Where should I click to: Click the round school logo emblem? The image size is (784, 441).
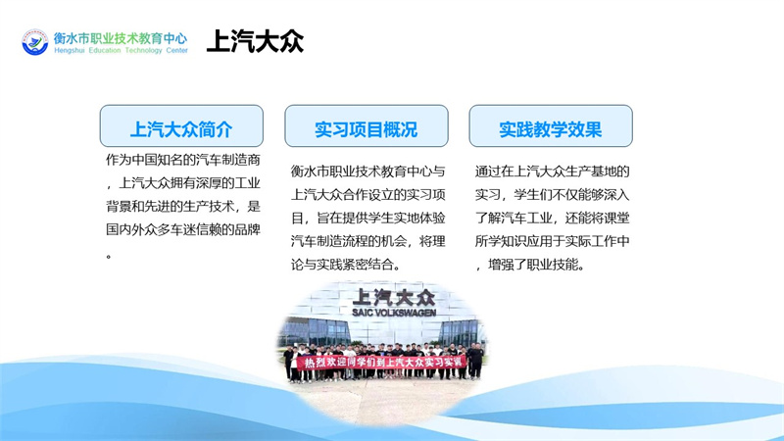[x=35, y=42]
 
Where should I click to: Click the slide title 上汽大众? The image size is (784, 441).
[x=255, y=41]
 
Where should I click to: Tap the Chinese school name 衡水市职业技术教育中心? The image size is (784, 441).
[x=121, y=38]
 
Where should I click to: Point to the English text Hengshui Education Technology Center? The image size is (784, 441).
[x=121, y=51]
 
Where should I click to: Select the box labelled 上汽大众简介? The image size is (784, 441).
[x=181, y=126]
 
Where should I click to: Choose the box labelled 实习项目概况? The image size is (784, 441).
[x=367, y=126]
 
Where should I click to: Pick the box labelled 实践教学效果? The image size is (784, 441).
[x=551, y=126]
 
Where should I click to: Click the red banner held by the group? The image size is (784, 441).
[x=381, y=362]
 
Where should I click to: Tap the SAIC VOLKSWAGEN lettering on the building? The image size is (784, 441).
[x=394, y=313]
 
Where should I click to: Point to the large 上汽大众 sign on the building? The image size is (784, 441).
[x=394, y=298]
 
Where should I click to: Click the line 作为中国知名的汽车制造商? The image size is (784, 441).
[x=183, y=160]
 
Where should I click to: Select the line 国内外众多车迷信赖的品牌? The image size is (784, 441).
[x=183, y=230]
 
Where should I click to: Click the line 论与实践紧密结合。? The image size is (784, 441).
[x=346, y=265]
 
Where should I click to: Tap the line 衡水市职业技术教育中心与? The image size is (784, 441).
[x=368, y=171]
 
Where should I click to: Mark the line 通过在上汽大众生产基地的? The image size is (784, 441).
[x=552, y=171]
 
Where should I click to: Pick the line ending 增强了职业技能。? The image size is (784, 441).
[x=530, y=265]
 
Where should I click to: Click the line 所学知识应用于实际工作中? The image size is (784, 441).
[x=552, y=241]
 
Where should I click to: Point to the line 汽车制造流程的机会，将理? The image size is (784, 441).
[x=368, y=241]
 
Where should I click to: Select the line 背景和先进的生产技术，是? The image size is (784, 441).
[x=183, y=207]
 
